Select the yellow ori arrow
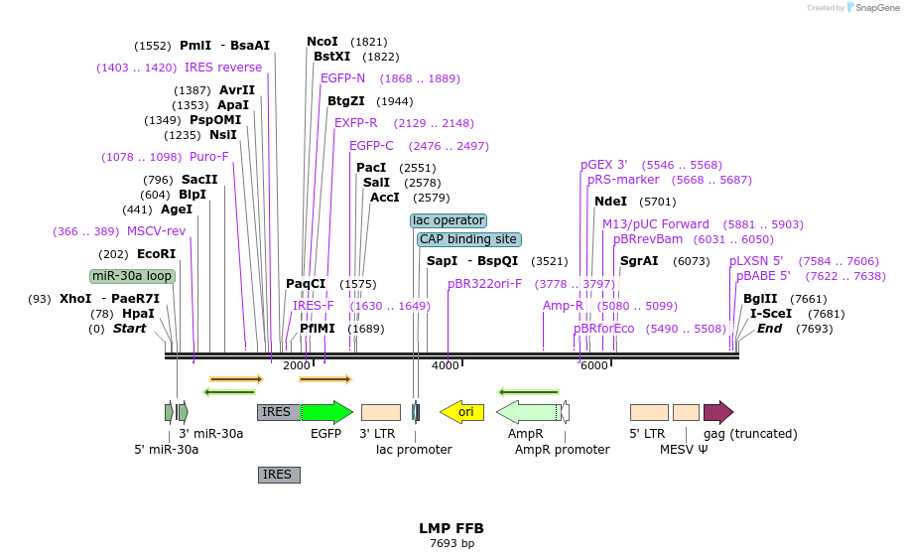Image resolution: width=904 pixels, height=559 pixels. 461,411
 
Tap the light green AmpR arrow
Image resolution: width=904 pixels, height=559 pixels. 527,412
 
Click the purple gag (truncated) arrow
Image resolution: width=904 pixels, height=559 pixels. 717,412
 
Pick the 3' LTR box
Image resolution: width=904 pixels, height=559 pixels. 381,412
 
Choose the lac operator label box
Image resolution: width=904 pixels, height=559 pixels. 449,220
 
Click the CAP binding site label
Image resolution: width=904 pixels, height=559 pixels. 468,239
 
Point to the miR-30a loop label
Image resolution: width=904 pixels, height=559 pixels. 132,276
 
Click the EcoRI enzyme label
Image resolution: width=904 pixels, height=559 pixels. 156,254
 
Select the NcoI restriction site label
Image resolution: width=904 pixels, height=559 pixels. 323,42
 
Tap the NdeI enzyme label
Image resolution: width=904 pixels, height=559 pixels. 610,202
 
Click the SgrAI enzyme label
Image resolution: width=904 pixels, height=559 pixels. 639,262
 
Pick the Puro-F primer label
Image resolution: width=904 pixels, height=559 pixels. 209,157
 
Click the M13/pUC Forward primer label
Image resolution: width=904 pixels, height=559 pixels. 656,224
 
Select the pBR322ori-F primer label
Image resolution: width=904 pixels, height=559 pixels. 484,283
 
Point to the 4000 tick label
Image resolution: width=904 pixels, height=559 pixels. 446,366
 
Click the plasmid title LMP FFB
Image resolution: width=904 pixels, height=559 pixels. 452,528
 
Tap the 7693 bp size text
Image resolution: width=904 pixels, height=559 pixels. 452,544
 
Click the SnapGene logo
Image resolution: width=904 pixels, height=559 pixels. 869,8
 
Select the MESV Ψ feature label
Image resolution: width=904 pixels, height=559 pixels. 685,450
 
